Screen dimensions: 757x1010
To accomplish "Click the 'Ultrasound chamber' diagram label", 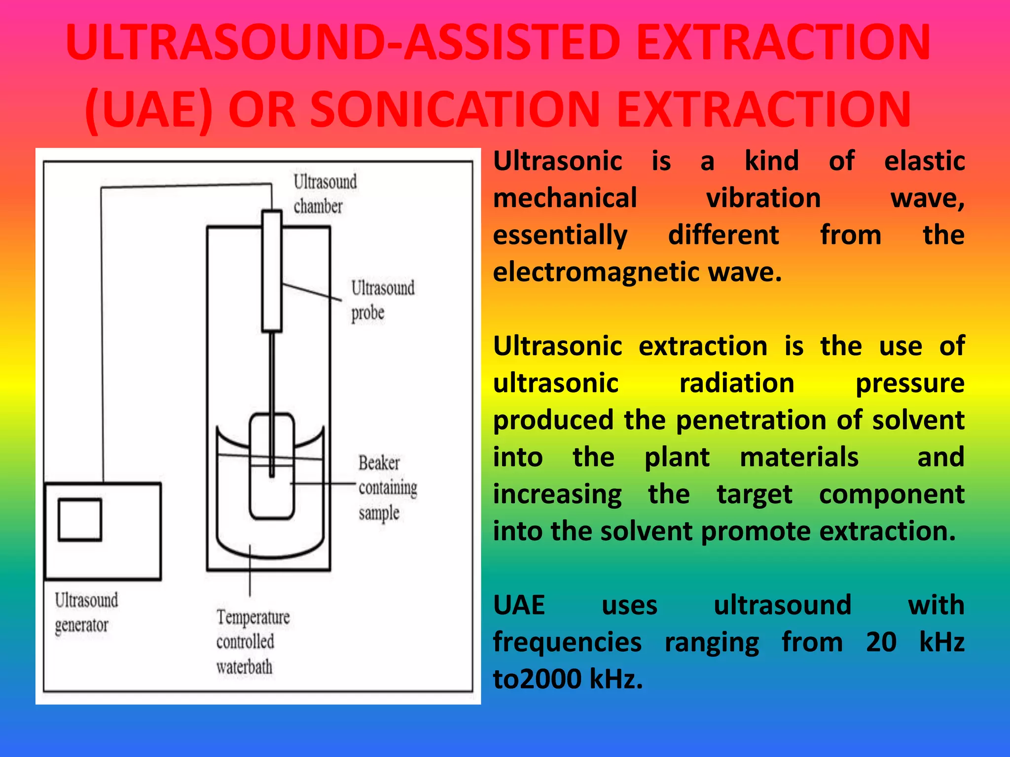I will click(325, 194).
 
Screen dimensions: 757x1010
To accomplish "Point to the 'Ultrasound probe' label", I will click(382, 300).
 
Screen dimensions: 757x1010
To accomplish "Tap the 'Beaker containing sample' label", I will click(387, 487).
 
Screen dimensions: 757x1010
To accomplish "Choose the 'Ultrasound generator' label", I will click(86, 613).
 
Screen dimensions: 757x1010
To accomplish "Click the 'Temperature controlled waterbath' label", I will click(252, 642).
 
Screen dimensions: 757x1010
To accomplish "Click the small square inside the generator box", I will click(80, 520).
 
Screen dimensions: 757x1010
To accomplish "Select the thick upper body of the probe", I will click(272, 271).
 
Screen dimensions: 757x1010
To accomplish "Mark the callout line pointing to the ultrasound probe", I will click(312, 292).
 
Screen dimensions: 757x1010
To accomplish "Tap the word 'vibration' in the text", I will click(763, 198).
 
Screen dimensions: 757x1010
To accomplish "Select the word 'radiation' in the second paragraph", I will click(737, 383).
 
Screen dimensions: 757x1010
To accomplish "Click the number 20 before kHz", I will click(881, 642).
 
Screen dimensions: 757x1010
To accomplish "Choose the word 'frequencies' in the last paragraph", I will click(567, 642).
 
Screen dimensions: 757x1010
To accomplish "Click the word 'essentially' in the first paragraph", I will click(560, 235).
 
